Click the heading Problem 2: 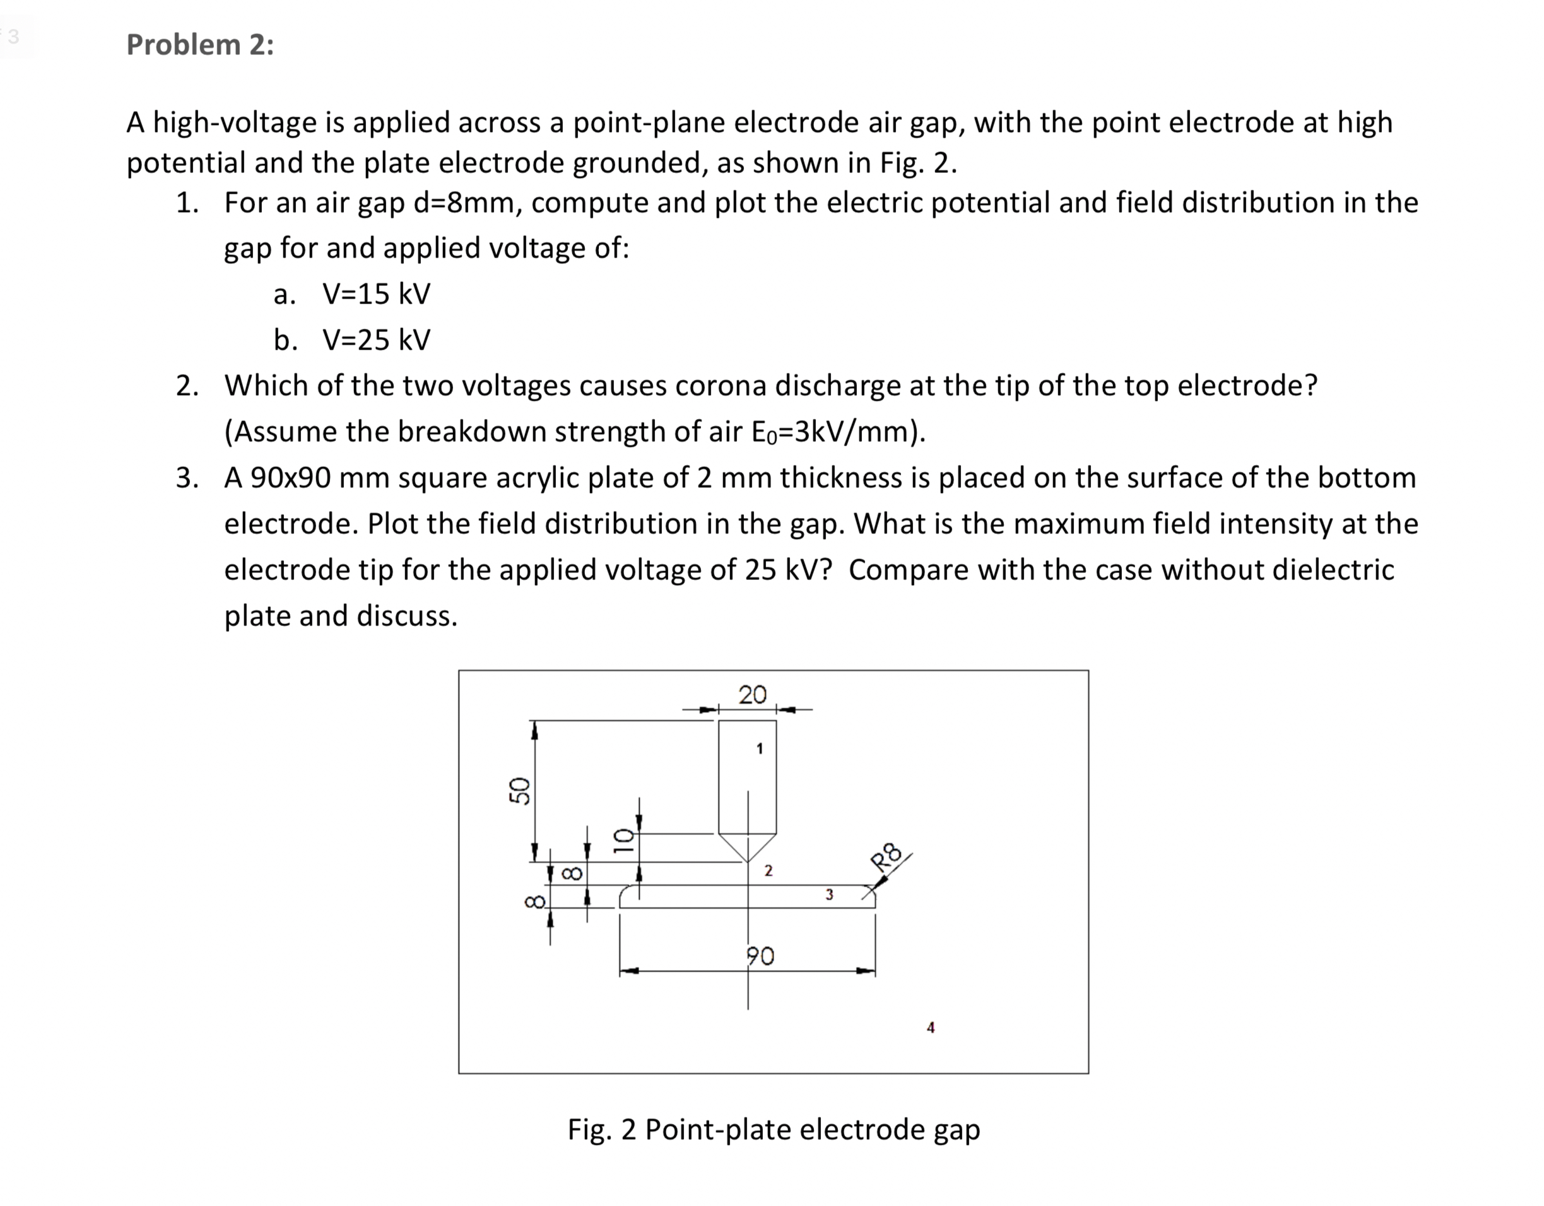(200, 45)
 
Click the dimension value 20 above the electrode (752, 695)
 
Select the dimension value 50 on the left (520, 790)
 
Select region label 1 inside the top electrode (759, 748)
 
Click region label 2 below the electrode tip (769, 871)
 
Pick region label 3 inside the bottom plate (829, 895)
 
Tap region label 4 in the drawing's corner (930, 1028)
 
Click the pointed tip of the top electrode (748, 861)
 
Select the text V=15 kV (376, 294)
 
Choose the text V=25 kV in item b (376, 340)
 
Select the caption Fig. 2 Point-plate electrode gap (774, 1129)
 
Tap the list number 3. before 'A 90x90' (187, 478)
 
